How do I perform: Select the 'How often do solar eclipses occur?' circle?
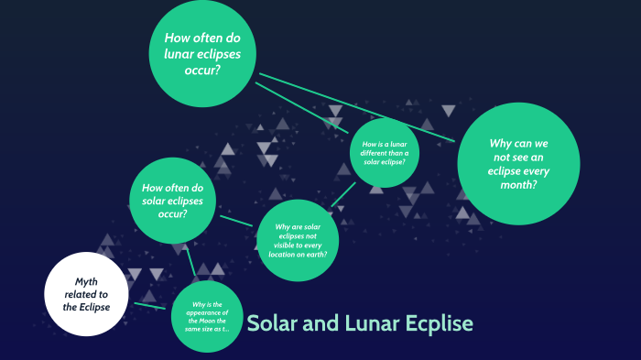tap(172, 202)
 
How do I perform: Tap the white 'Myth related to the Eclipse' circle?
tap(84, 293)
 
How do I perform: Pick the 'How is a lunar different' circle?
tap(385, 152)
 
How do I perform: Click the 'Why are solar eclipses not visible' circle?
tap(299, 240)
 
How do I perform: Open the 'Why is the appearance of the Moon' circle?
tap(209, 316)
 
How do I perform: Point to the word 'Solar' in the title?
tap(274, 323)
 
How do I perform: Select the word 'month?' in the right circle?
tap(518, 184)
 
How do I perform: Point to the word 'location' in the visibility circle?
tap(280, 253)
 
